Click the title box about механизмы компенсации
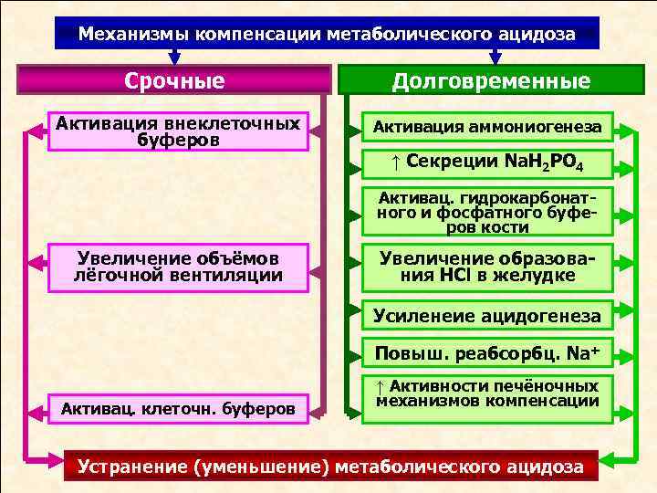(327, 35)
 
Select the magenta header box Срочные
(174, 80)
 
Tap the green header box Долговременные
(491, 80)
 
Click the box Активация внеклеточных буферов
(177, 130)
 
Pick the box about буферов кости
(486, 212)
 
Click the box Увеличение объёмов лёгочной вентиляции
(177, 265)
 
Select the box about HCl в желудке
(486, 266)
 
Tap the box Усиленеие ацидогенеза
(486, 316)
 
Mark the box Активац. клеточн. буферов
(177, 408)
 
